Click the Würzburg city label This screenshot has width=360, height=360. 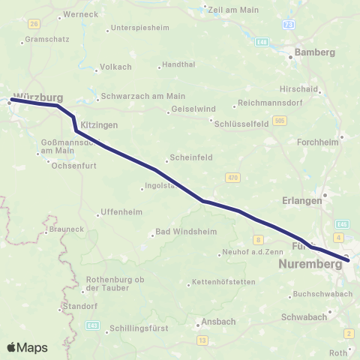coord(38,97)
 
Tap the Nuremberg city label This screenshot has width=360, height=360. coord(309,265)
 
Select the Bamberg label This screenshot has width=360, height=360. coord(314,52)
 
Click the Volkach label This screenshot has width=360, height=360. coord(117,67)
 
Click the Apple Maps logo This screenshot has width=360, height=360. coord(27,347)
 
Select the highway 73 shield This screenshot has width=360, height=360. coord(289,25)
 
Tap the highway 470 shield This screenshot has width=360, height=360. coord(232,177)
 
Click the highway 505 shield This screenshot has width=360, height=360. coord(280,119)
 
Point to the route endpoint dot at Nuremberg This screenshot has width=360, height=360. coord(347,260)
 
